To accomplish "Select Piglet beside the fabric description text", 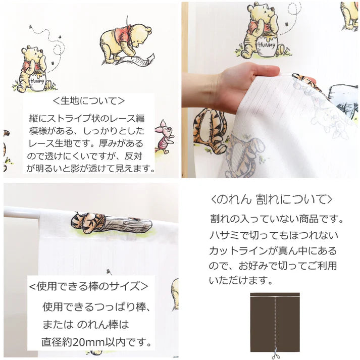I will pyautogui.click(x=165, y=136).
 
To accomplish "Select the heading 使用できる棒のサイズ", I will pyautogui.click(x=88, y=286).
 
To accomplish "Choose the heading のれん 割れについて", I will pyautogui.click(x=271, y=198).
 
